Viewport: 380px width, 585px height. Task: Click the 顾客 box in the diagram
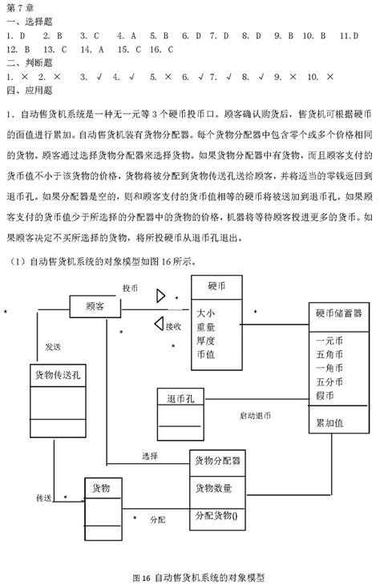tap(95, 305)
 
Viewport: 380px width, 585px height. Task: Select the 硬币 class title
tap(216, 286)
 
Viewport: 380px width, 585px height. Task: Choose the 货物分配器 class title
tap(217, 461)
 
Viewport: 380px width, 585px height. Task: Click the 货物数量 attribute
tap(212, 486)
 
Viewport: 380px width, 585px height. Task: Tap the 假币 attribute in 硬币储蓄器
tap(325, 395)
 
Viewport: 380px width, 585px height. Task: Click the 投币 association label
tap(130, 287)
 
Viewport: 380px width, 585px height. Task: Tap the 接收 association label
tap(173, 326)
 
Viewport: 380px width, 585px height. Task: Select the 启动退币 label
tap(255, 416)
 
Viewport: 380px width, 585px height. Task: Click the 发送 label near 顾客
tap(54, 346)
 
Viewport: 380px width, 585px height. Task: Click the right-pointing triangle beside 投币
tap(161, 296)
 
